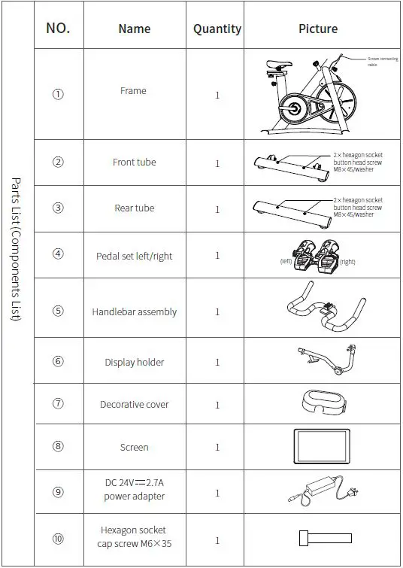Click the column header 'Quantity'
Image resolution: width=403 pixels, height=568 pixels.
pos(217,29)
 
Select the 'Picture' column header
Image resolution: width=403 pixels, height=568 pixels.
pos(318,29)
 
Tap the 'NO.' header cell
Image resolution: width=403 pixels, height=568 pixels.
pos(58,29)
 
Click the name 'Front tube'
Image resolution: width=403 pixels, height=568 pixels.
pos(135,163)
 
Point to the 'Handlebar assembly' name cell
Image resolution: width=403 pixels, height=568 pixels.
pos(135,311)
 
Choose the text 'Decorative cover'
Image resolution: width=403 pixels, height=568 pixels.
pos(135,405)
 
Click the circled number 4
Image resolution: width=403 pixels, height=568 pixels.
pos(58,254)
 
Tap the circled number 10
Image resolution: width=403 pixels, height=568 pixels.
pos(58,539)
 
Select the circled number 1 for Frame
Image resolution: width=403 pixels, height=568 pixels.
pos(58,94)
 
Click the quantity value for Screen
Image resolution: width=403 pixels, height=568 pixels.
pos(217,448)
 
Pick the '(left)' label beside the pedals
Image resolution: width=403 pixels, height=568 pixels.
pos(286,262)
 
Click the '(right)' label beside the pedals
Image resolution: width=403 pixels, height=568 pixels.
pos(347,262)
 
